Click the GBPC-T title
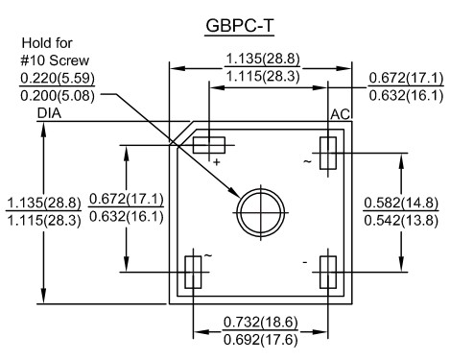click(240, 25)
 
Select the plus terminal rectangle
click(209, 145)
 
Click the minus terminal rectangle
click(328, 273)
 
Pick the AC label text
click(341, 114)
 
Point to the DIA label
click(49, 113)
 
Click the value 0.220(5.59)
click(58, 78)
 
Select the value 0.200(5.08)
click(58, 96)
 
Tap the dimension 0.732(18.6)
click(260, 322)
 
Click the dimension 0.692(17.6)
click(260, 340)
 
